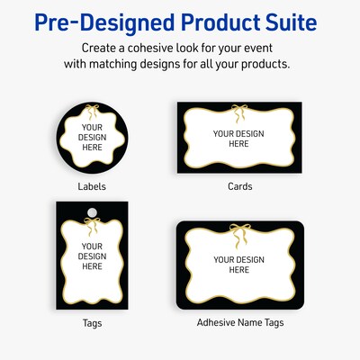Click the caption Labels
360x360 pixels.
[x=92, y=187]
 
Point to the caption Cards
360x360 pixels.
[x=239, y=187]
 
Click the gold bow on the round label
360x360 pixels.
[x=91, y=112]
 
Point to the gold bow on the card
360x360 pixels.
[x=238, y=112]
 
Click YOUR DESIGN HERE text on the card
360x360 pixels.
[x=238, y=139]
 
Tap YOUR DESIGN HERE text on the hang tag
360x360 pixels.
[x=92, y=256]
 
